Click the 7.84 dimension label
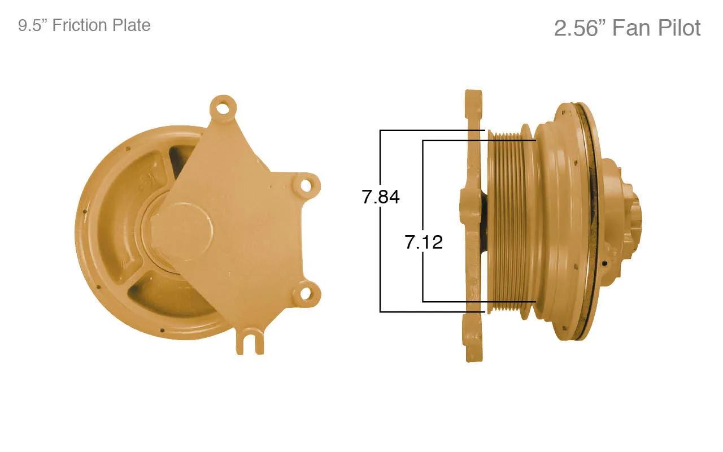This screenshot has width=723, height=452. (381, 197)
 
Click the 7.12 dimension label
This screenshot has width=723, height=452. (424, 242)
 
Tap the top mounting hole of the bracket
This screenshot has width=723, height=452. (223, 107)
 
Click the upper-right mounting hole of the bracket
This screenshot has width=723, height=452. (306, 186)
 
